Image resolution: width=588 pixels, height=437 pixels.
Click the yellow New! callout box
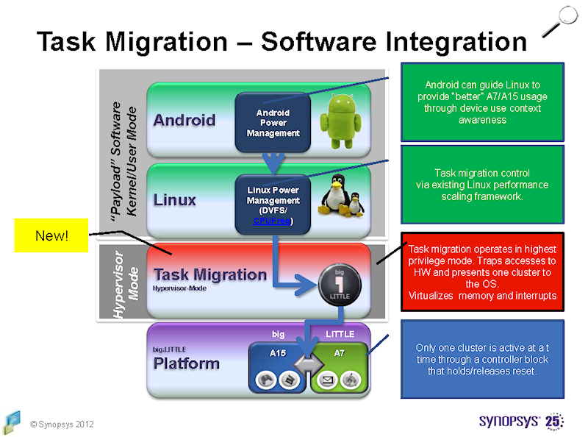(x=51, y=235)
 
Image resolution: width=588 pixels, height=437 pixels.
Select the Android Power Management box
(x=273, y=123)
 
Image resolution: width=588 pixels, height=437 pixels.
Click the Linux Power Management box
(x=273, y=205)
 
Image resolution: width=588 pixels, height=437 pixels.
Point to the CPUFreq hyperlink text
(x=272, y=221)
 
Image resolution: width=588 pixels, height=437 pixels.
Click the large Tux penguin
(x=334, y=197)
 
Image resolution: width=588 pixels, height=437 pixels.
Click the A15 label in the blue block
(x=277, y=353)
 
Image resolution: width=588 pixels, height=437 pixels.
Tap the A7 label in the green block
(x=339, y=353)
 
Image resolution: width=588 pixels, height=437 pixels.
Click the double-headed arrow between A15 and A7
(x=308, y=365)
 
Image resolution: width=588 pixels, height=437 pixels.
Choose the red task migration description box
(x=482, y=271)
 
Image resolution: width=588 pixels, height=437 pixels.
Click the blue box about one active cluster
(x=482, y=359)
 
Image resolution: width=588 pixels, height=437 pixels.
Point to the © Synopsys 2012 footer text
(x=62, y=424)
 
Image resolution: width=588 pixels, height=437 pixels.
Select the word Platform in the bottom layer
(x=186, y=363)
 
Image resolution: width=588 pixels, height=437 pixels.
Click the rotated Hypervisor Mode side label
(x=123, y=283)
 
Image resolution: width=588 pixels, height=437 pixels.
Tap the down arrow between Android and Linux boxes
(x=273, y=162)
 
